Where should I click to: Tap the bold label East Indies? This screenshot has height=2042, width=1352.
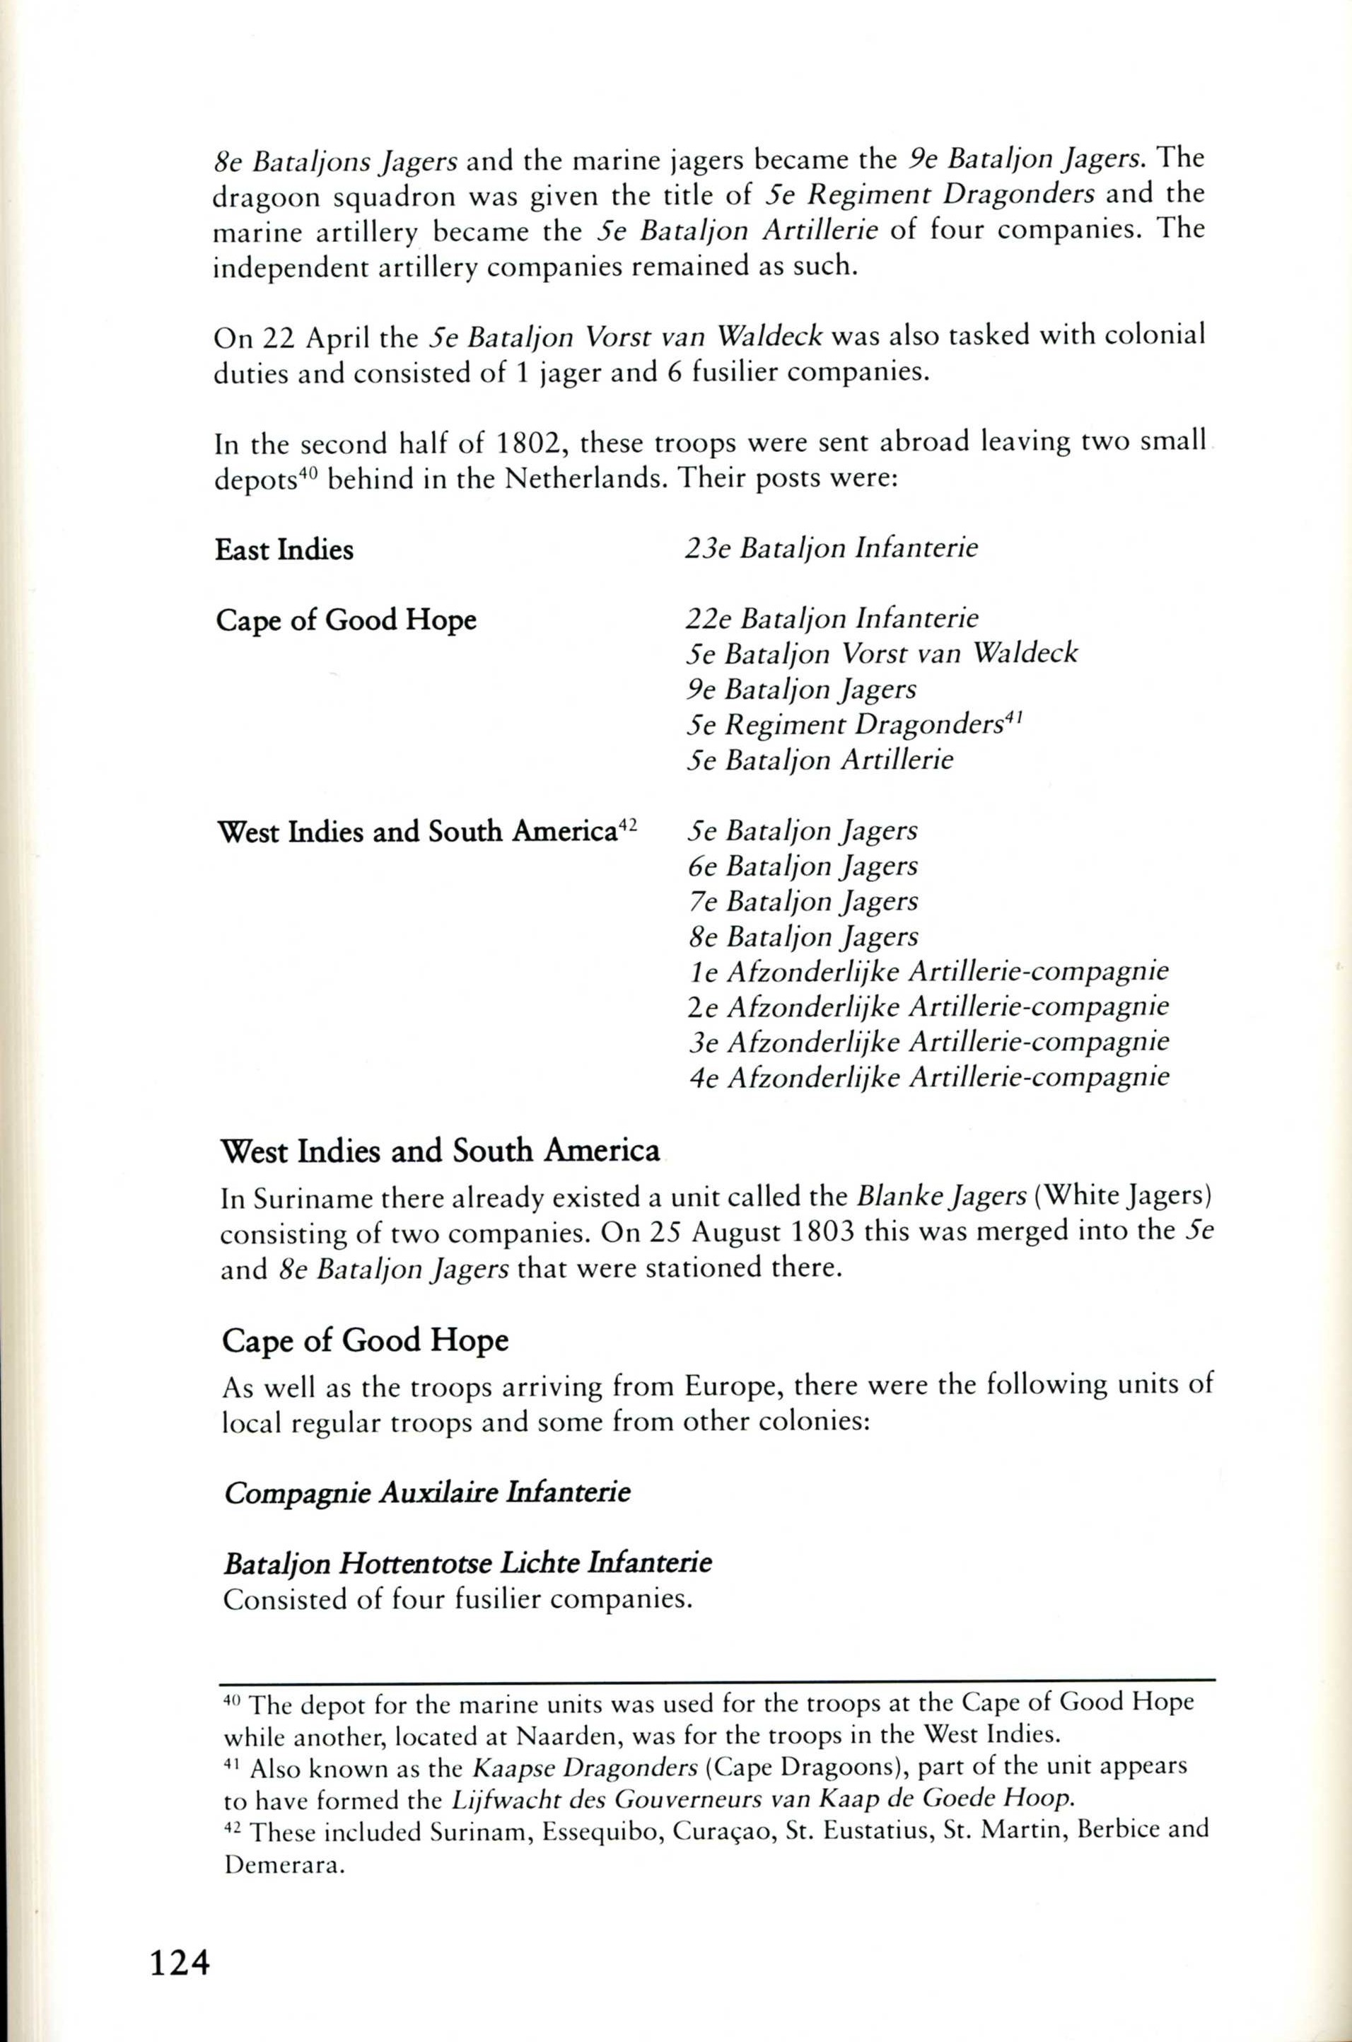pyautogui.click(x=284, y=550)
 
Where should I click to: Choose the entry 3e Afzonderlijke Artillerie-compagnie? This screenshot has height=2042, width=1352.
pyautogui.click(x=928, y=1042)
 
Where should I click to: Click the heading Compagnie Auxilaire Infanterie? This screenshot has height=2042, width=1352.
pyautogui.click(x=427, y=1492)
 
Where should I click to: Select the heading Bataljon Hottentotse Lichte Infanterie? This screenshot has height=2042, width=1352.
pyautogui.click(x=467, y=1562)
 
